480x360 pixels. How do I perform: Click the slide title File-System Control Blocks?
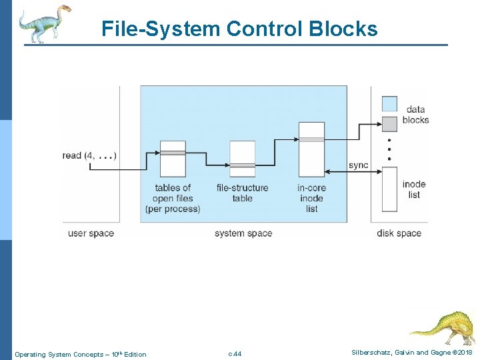(239, 29)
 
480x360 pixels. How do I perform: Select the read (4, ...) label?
(89, 155)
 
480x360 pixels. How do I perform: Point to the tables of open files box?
(173, 158)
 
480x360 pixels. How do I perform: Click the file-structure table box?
(242, 159)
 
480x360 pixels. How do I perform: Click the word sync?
(358, 165)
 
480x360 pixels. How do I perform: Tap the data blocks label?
(416, 115)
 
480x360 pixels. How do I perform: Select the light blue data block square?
(389, 103)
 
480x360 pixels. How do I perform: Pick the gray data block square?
(389, 123)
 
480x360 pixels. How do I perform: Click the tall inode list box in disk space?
(389, 189)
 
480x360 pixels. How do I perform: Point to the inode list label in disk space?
(414, 189)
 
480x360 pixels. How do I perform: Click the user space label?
(91, 233)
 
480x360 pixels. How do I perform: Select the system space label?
(243, 233)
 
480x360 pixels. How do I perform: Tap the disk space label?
(399, 233)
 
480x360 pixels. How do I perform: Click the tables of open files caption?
(173, 198)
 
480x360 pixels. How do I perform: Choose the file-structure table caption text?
(242, 193)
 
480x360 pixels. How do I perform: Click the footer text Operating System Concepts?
(80, 354)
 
